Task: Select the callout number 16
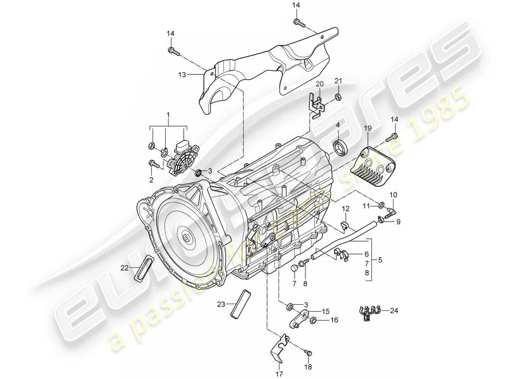(x=334, y=321)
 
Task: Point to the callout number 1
(x=168, y=115)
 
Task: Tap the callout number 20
(x=319, y=84)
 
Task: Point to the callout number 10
(x=393, y=195)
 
